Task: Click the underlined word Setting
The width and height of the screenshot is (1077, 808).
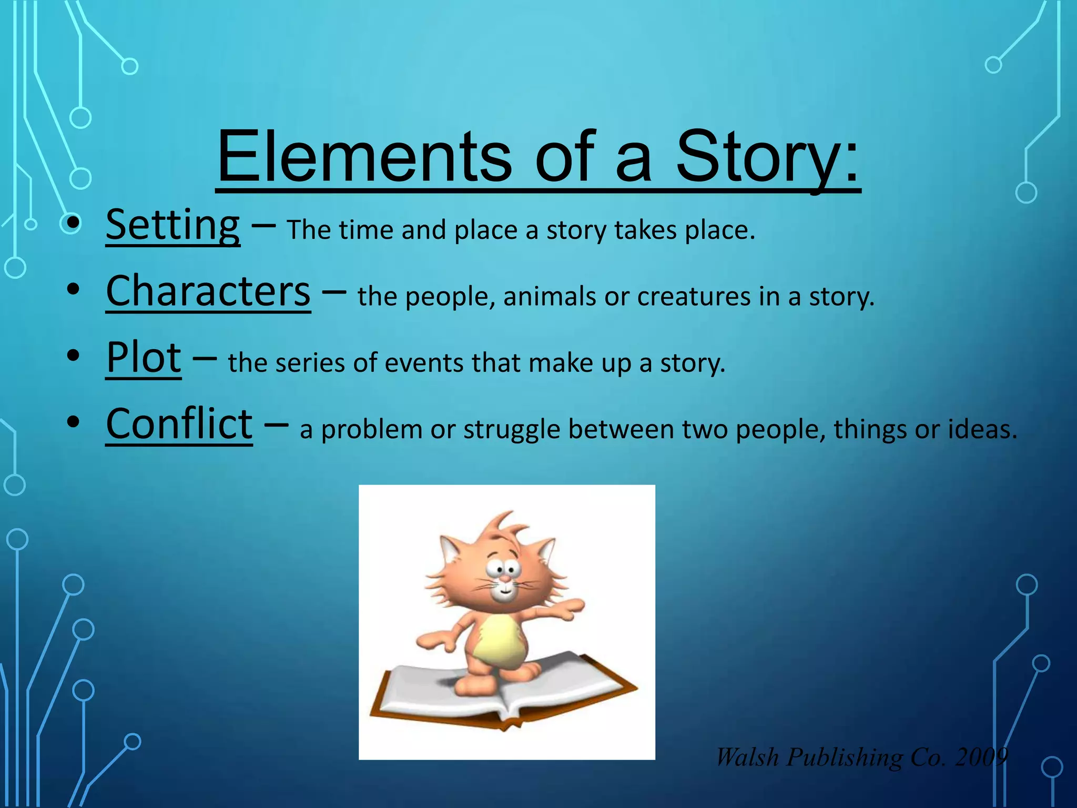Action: tap(173, 225)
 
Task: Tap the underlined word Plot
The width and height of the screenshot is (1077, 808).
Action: tap(144, 358)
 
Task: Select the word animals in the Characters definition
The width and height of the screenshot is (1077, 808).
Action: tap(550, 297)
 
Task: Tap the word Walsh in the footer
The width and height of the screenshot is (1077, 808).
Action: tap(747, 757)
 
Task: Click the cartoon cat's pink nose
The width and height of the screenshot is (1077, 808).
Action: tap(504, 579)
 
